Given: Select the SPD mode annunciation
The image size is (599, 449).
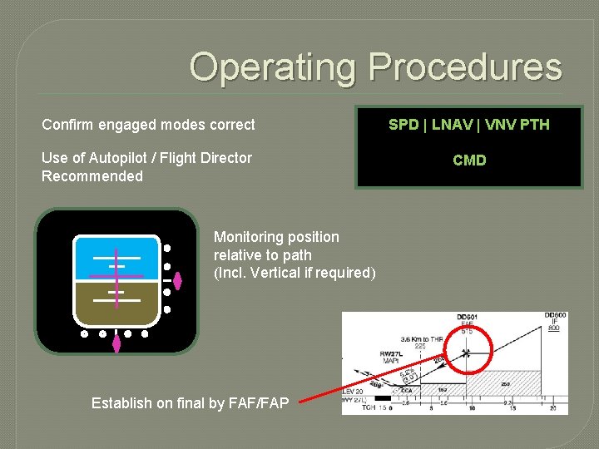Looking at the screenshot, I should tap(403, 125).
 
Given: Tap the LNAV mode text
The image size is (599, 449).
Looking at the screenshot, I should tap(454, 125).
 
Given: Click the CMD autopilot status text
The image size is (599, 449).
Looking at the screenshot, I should tap(469, 160).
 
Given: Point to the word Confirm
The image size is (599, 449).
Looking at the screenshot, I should tap(68, 125).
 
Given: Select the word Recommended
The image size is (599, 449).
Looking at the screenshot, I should tap(92, 176).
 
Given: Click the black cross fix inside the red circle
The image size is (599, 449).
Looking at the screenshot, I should tap(466, 353).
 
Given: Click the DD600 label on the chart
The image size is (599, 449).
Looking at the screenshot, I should tap(555, 315).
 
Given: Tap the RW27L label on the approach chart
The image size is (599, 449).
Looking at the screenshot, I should tap(391, 353).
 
